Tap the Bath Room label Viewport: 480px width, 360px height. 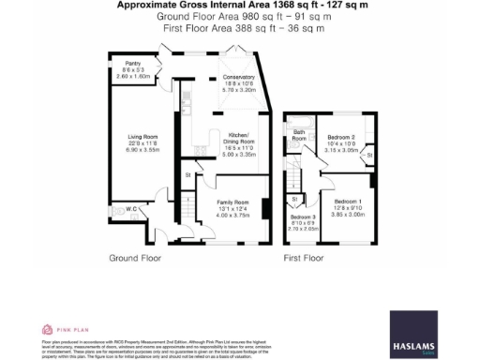[299, 137]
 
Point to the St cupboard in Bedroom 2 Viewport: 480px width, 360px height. [368, 154]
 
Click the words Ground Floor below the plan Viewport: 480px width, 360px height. [135, 257]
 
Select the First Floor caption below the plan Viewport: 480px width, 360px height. [303, 257]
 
